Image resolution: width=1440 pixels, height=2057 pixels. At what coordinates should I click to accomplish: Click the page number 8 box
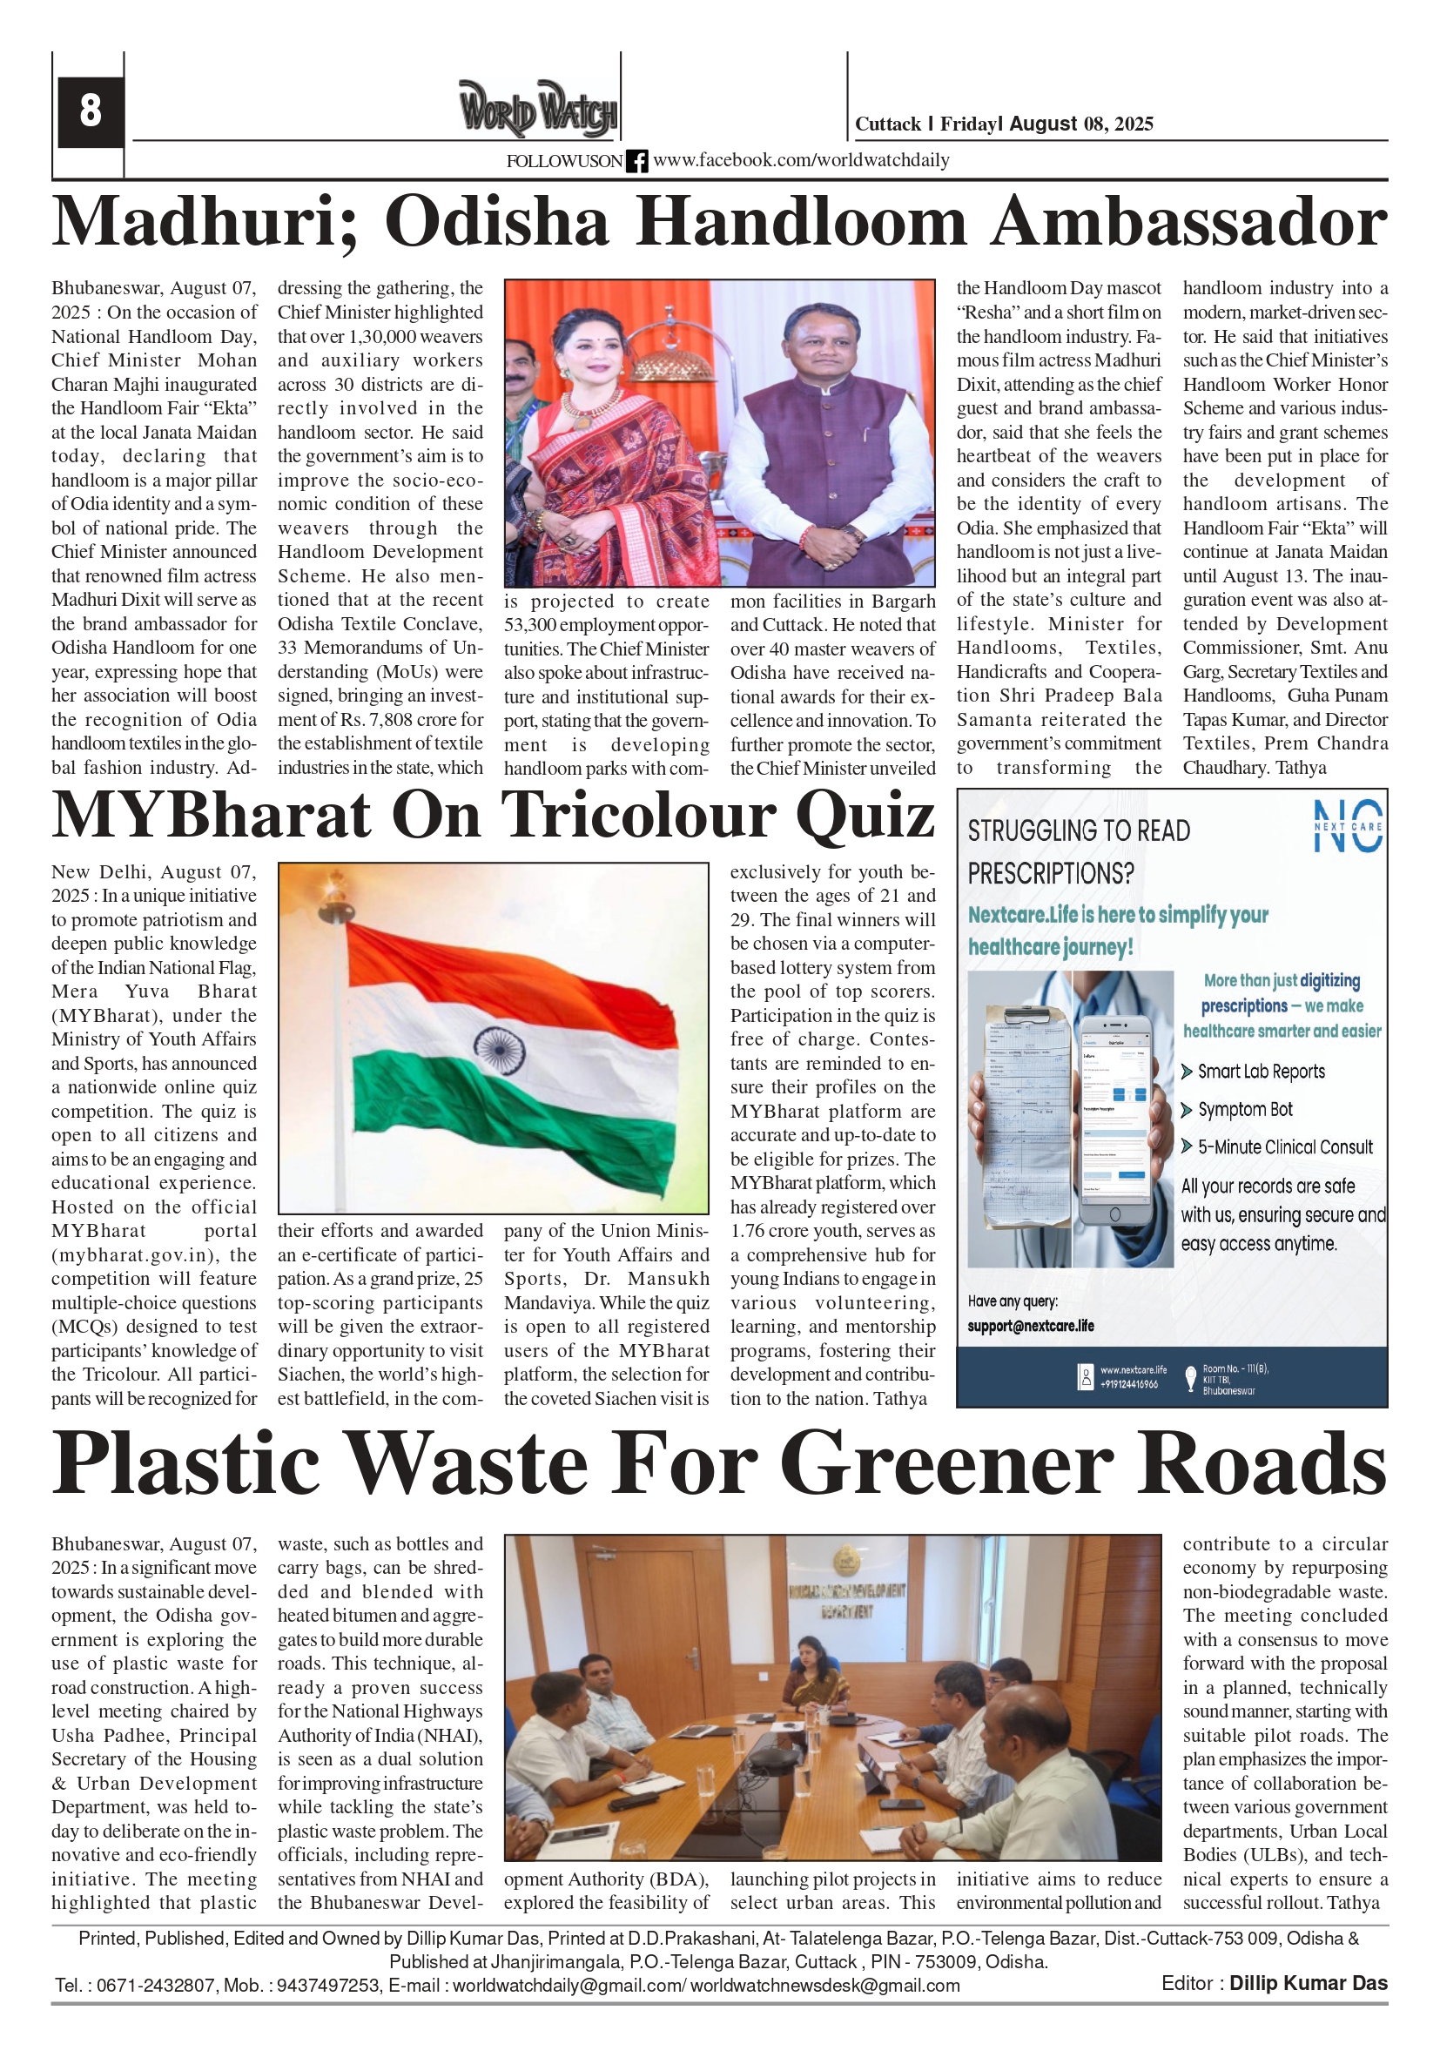[90, 112]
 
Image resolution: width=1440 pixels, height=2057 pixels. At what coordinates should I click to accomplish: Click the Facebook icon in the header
[636, 161]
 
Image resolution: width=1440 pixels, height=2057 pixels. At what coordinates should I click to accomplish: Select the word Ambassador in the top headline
[1188, 222]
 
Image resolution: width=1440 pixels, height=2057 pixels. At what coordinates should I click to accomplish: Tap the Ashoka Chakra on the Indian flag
[497, 1050]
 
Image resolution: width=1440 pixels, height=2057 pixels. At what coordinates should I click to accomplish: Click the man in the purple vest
[817, 448]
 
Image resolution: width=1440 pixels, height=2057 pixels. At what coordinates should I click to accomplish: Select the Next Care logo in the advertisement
[1347, 825]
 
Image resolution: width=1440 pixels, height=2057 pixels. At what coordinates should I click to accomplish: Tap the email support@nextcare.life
[1031, 1326]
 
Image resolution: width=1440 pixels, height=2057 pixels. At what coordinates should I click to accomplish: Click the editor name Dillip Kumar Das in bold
[1308, 1984]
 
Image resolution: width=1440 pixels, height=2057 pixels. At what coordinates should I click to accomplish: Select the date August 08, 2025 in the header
[1080, 124]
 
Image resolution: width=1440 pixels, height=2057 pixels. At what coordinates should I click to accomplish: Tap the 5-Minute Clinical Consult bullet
[1284, 1147]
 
